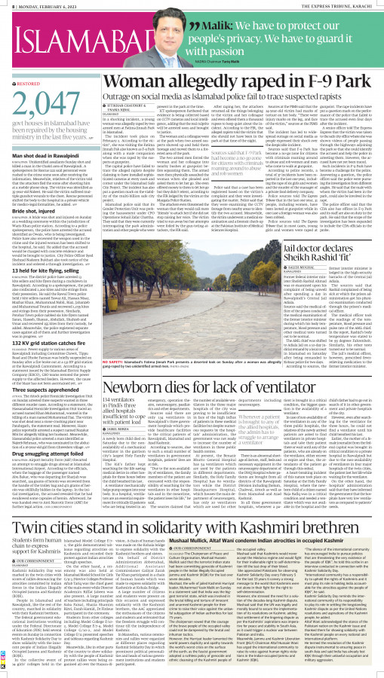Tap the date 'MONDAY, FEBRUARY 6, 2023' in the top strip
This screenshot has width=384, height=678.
pyautogui.click(x=47, y=5)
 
